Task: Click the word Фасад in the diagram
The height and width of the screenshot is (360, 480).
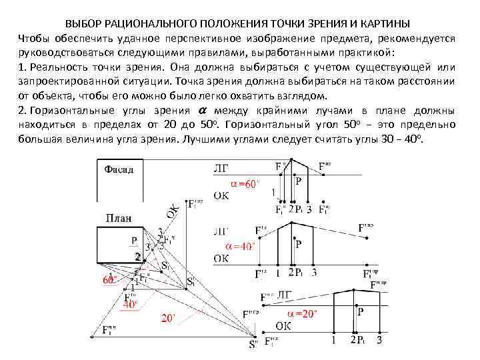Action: coord(119,169)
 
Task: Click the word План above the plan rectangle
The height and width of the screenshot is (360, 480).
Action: coord(117,218)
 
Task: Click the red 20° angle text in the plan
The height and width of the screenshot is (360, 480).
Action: coord(169,318)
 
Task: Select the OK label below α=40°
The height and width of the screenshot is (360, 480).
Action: coord(222,258)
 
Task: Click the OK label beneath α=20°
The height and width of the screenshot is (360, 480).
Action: coord(283,325)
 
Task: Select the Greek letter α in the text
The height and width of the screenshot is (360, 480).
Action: coord(203,110)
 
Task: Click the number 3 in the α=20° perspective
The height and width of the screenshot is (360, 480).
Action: coord(379,341)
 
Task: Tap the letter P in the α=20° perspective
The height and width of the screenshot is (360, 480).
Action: coord(361,311)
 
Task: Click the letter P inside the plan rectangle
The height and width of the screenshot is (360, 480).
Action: coord(134,241)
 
